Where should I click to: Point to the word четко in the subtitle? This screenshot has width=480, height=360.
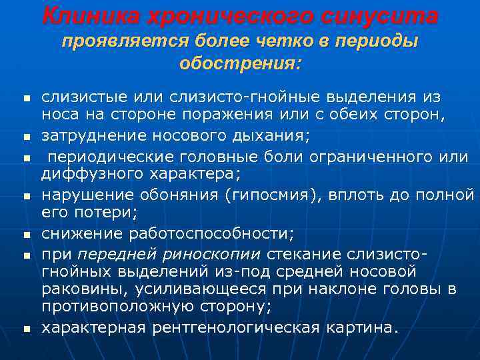click(x=279, y=41)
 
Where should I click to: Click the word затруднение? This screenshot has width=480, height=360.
click(x=99, y=137)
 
